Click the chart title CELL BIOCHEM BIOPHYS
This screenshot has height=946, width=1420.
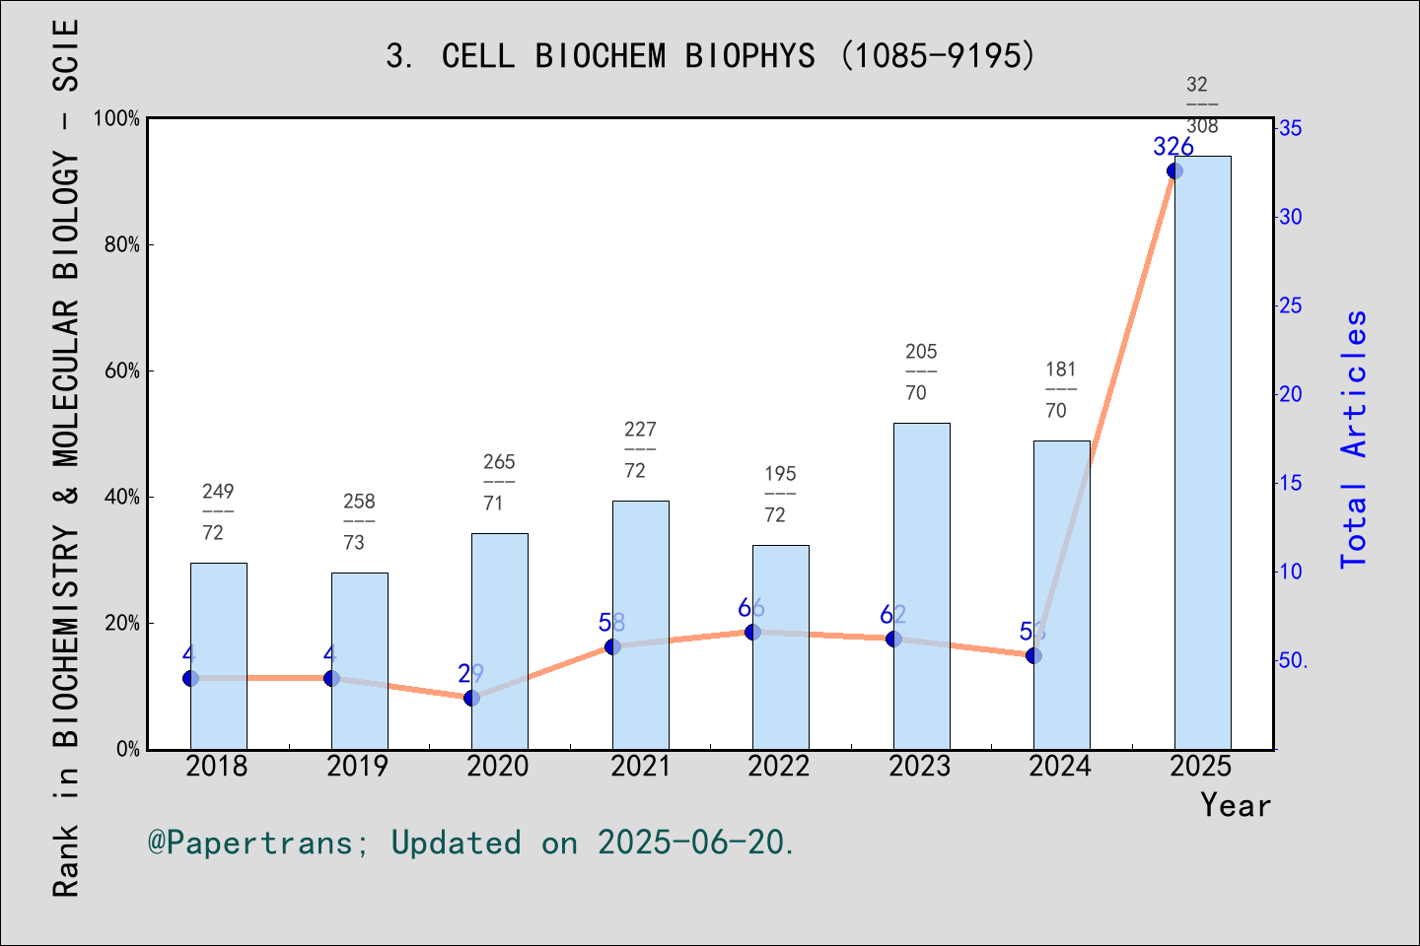pos(710,56)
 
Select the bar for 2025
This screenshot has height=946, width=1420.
pos(1202,453)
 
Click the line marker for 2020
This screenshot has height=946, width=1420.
pos(471,698)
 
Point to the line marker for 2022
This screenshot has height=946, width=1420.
pos(752,632)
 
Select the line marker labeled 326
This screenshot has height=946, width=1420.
pos(1174,171)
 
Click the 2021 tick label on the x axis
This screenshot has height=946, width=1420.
pos(640,766)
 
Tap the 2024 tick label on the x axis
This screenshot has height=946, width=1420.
pos(1060,766)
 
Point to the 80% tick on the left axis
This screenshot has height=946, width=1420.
pos(122,244)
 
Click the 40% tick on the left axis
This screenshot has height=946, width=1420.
pos(122,497)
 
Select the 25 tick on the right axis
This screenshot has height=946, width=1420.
pos(1290,305)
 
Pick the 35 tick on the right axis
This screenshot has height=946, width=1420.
pos(1290,128)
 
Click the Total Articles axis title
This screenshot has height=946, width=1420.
pos(1354,439)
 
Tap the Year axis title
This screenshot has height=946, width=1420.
pos(1235,805)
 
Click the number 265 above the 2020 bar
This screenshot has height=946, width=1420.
pos(499,461)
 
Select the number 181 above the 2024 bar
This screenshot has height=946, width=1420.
pos(1061,370)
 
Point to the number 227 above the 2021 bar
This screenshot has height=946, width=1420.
pos(640,429)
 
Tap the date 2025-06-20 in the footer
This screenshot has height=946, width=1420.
pos(691,843)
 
